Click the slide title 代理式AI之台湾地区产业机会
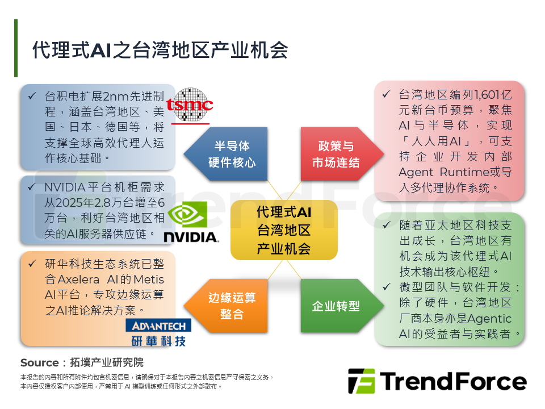pyautogui.click(x=160, y=50)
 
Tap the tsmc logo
pyautogui.click(x=192, y=105)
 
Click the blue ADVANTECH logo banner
pyautogui.click(x=158, y=325)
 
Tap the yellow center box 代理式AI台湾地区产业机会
pyautogui.click(x=284, y=230)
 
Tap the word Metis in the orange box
pyautogui.click(x=149, y=279)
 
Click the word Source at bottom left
pyautogui.click(x=40, y=362)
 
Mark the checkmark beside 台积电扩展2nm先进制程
pyautogui.click(x=32, y=95)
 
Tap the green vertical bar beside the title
pyautogui.click(x=16, y=48)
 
